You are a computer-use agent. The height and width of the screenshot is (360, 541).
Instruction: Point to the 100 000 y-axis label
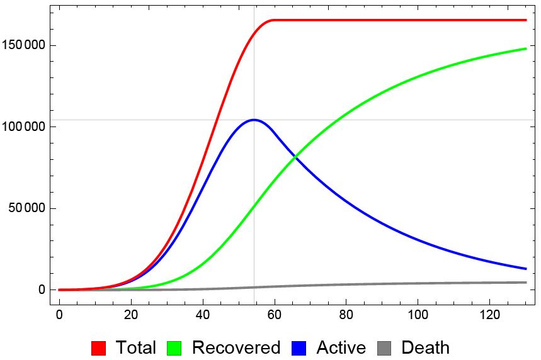tap(25, 127)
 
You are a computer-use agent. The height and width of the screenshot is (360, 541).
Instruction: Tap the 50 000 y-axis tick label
tap(27, 208)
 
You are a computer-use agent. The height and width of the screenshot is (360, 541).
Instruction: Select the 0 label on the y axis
tap(42, 290)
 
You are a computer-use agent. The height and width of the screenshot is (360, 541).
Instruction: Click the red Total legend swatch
tap(99, 347)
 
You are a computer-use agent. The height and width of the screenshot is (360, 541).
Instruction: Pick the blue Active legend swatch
tap(300, 347)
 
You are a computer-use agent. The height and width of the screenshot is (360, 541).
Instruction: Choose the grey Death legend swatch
tap(385, 347)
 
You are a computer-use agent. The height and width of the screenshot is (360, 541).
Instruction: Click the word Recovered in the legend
tap(236, 347)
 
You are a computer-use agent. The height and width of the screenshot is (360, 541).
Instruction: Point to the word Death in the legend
tap(425, 347)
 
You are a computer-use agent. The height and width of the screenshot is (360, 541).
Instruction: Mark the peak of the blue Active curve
tap(254, 120)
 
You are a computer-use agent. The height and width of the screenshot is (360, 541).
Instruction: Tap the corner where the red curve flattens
tap(273, 20)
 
